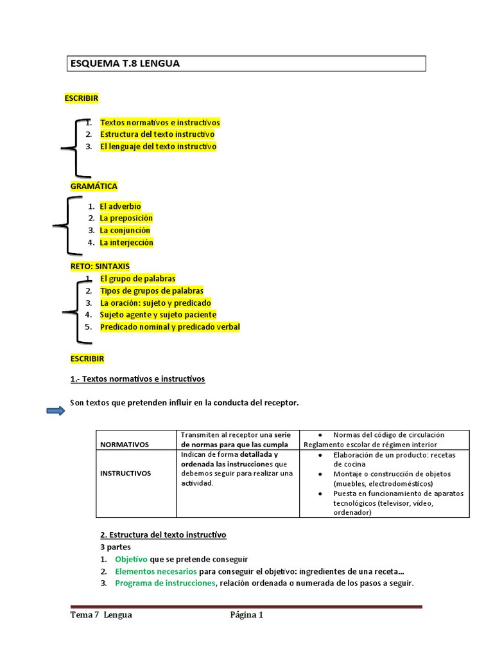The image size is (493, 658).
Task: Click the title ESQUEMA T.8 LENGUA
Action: [x=125, y=64]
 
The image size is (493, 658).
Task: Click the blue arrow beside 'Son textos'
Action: [x=56, y=411]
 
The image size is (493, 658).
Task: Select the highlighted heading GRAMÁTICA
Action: [x=94, y=186]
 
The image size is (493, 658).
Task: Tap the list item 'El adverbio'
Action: [x=120, y=206]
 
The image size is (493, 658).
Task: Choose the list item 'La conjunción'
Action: [x=125, y=230]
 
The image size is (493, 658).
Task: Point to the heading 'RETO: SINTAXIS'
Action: [x=99, y=266]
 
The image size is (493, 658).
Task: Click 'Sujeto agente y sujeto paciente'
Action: [x=158, y=315]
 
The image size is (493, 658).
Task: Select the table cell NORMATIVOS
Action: [x=124, y=444]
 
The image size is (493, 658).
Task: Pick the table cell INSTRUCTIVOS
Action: [x=125, y=473]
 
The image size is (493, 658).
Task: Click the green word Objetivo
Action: [x=131, y=559]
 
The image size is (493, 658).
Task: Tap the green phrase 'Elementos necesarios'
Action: [x=156, y=571]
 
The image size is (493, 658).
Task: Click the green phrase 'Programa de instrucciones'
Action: [x=166, y=583]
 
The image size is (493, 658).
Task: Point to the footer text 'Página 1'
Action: [x=247, y=615]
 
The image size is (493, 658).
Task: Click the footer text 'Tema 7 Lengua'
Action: [x=101, y=615]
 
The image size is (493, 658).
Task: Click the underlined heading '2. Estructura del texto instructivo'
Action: [x=163, y=535]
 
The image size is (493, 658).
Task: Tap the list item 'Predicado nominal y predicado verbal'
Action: [x=169, y=327]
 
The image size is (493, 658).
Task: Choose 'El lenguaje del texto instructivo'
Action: [x=158, y=147]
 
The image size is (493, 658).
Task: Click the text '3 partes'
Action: [x=116, y=547]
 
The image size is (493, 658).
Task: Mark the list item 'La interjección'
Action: [x=126, y=243]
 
